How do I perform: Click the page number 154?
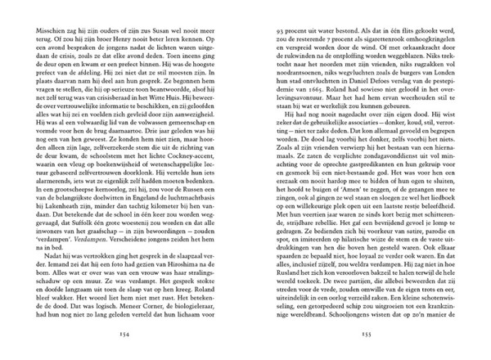125,341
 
